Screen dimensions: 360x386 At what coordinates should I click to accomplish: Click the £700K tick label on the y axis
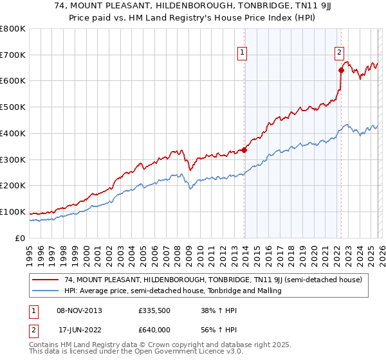coord(13,55)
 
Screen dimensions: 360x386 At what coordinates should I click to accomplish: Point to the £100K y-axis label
coord(13,212)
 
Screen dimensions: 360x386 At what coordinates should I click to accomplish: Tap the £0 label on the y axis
coord(19,238)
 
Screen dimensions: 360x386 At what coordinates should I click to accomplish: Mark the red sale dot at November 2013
coord(244,150)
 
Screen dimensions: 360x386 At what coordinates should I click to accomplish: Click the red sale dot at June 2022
coord(341,71)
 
